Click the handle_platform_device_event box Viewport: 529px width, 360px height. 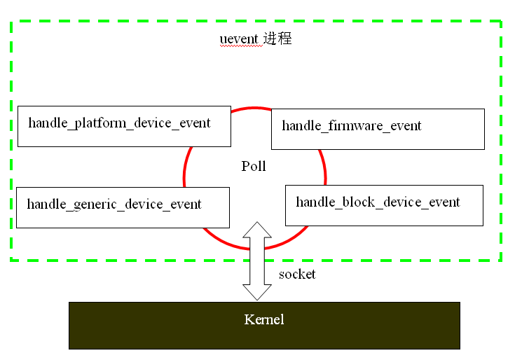124,126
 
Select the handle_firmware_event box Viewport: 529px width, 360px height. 377,129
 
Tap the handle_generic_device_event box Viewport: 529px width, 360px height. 123,207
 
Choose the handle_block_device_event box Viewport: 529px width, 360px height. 384,205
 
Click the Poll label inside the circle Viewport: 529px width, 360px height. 254,167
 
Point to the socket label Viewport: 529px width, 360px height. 297,274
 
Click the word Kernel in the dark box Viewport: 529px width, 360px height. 264,320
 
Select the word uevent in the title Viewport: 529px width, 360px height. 240,39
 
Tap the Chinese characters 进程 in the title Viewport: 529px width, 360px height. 277,39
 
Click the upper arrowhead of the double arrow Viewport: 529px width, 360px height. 257,229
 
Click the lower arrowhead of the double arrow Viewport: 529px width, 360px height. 257,293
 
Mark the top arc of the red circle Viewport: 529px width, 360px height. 254,108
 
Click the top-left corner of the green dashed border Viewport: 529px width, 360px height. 11,22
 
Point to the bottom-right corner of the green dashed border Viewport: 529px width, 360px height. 501,260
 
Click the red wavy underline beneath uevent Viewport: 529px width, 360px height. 240,46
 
